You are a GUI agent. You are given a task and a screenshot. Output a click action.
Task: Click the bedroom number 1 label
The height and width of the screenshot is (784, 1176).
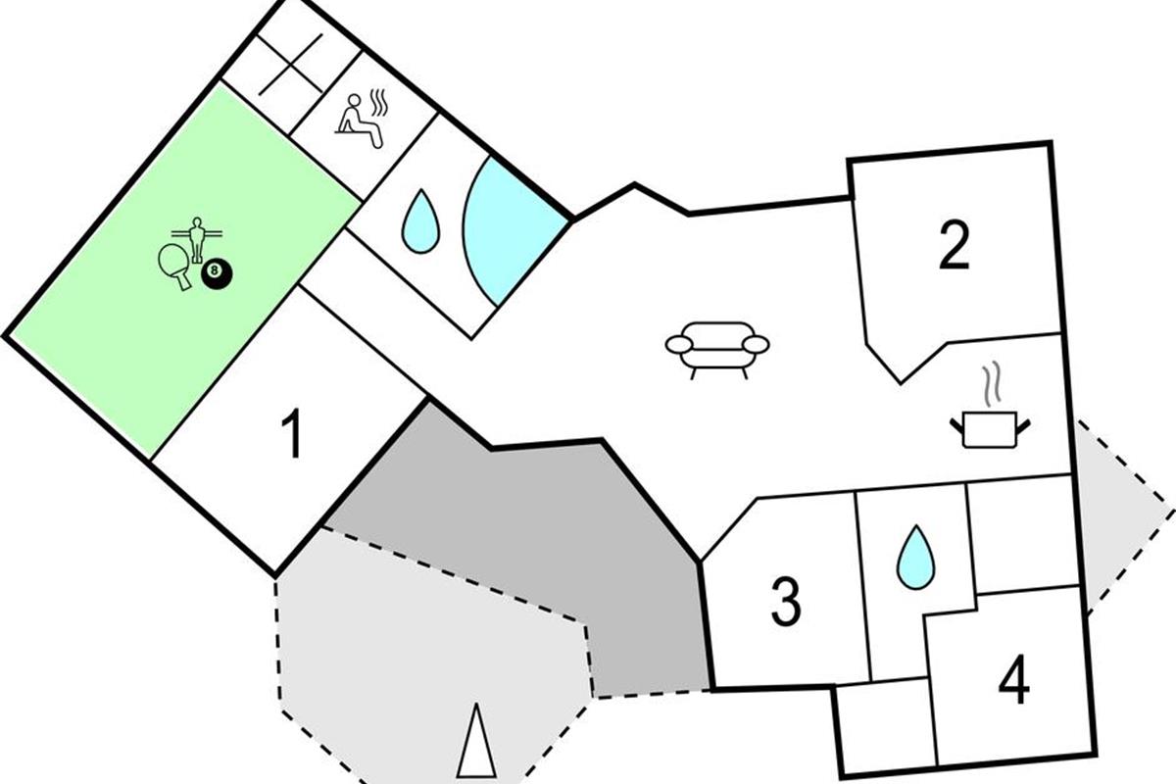[292, 434]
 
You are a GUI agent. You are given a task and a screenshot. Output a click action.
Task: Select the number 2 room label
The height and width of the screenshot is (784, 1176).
[954, 246]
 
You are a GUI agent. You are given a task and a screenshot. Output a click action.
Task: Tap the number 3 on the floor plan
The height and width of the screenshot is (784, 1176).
[786, 602]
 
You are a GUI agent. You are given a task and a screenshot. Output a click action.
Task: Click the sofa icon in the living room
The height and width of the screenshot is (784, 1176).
[717, 350]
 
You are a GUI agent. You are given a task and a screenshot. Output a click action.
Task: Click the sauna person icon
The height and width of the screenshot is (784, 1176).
[360, 122]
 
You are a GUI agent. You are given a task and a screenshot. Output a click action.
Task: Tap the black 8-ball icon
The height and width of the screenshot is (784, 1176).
[217, 274]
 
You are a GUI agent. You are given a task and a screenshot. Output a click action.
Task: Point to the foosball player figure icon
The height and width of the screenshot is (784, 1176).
[197, 239]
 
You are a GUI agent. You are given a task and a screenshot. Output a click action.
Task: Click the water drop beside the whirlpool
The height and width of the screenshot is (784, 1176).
[420, 221]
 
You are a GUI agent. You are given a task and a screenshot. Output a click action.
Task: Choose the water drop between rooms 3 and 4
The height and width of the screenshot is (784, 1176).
[915, 557]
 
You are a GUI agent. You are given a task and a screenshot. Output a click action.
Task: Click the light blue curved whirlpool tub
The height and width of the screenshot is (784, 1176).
[512, 231]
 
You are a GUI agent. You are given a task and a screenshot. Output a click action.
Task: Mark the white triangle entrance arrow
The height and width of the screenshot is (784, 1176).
[476, 741]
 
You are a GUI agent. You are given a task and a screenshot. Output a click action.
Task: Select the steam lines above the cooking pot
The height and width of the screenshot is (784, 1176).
[990, 384]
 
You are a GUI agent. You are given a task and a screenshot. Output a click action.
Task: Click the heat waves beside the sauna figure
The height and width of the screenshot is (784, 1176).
[379, 102]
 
